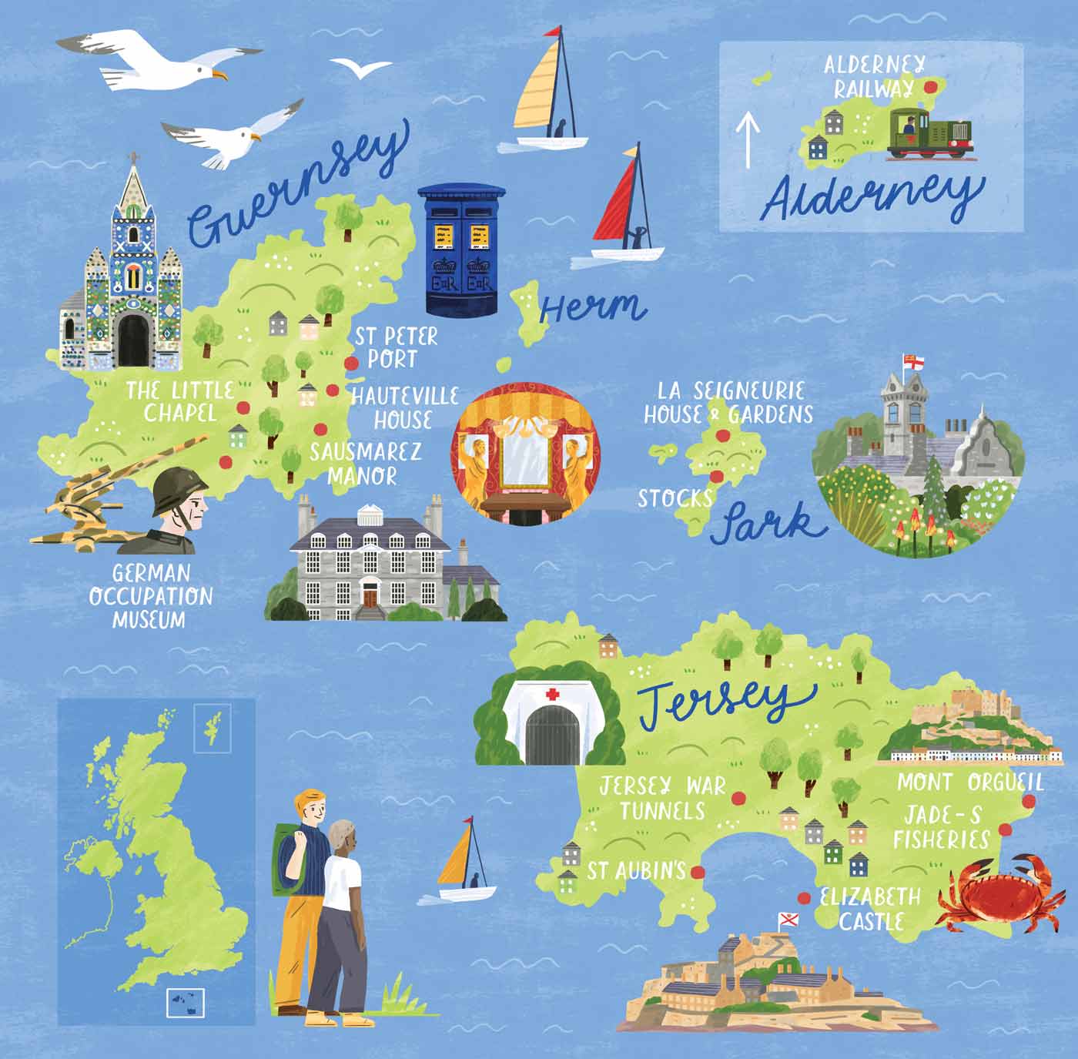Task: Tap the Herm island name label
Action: click(591, 307)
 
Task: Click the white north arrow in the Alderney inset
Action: click(748, 139)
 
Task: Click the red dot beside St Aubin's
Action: click(698, 872)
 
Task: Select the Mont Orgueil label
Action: click(970, 783)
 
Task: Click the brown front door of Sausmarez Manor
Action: click(371, 595)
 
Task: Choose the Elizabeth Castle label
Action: click(871, 909)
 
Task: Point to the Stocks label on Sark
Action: click(675, 498)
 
